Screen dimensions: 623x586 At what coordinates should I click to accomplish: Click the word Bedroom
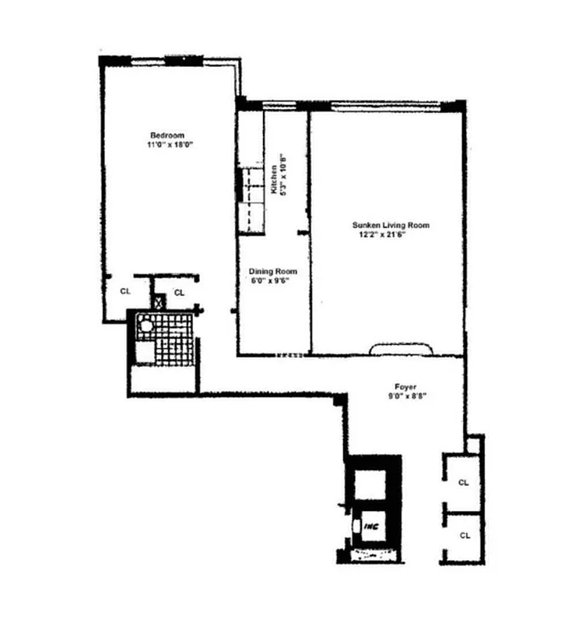pos(167,135)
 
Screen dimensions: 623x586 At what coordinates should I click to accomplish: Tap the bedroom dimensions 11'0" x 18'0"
pos(168,144)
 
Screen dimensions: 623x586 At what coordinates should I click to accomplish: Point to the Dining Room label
pos(273,272)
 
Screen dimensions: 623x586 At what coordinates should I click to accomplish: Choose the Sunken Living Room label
pos(390,225)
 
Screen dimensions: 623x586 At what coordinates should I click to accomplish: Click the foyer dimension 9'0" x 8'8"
pos(405,396)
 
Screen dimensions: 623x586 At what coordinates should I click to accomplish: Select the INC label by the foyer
pos(372,526)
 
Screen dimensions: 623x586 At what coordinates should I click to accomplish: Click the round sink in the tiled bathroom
pos(143,327)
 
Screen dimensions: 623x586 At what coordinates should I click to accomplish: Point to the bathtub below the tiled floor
pos(163,378)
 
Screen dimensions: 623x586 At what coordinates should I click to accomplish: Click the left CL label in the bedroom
pos(125,291)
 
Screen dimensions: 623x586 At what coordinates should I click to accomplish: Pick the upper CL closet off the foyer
pos(463,482)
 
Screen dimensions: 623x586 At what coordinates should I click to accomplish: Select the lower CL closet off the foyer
pos(463,535)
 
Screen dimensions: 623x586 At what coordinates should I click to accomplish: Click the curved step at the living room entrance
pos(401,349)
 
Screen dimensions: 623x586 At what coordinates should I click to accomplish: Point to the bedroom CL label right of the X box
pos(178,292)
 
